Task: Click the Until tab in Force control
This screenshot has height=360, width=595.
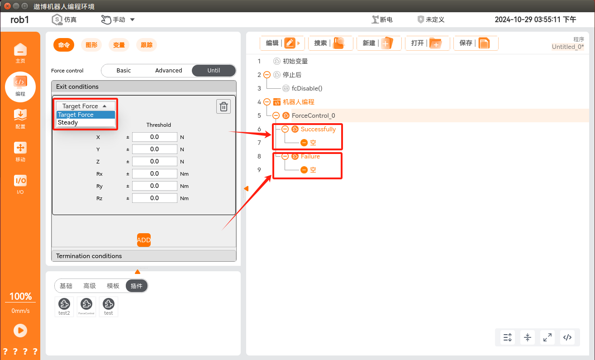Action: tap(214, 71)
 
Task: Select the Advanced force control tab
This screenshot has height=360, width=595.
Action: tap(168, 71)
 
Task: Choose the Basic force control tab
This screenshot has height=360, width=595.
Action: tap(124, 71)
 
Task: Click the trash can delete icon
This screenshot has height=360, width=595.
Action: tap(224, 106)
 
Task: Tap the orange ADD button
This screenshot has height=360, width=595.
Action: tap(144, 240)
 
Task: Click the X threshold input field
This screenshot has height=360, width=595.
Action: tap(155, 137)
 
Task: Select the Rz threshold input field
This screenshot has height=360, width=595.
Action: tap(155, 198)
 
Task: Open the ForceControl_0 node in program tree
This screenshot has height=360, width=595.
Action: tap(313, 115)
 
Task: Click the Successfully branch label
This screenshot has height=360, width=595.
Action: tap(318, 129)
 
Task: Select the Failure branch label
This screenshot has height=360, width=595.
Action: tap(310, 156)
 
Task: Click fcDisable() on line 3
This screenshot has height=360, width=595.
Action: tap(307, 88)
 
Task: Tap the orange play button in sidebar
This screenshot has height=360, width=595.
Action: tap(20, 331)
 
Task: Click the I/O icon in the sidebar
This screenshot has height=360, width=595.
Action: tap(20, 184)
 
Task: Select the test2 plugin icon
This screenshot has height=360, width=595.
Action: tap(64, 307)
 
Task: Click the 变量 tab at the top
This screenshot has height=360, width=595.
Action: tap(119, 45)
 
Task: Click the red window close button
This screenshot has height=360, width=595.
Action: tap(7, 6)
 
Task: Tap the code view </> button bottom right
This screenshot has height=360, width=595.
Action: tap(567, 337)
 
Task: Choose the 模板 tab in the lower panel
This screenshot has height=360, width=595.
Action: tap(113, 286)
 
